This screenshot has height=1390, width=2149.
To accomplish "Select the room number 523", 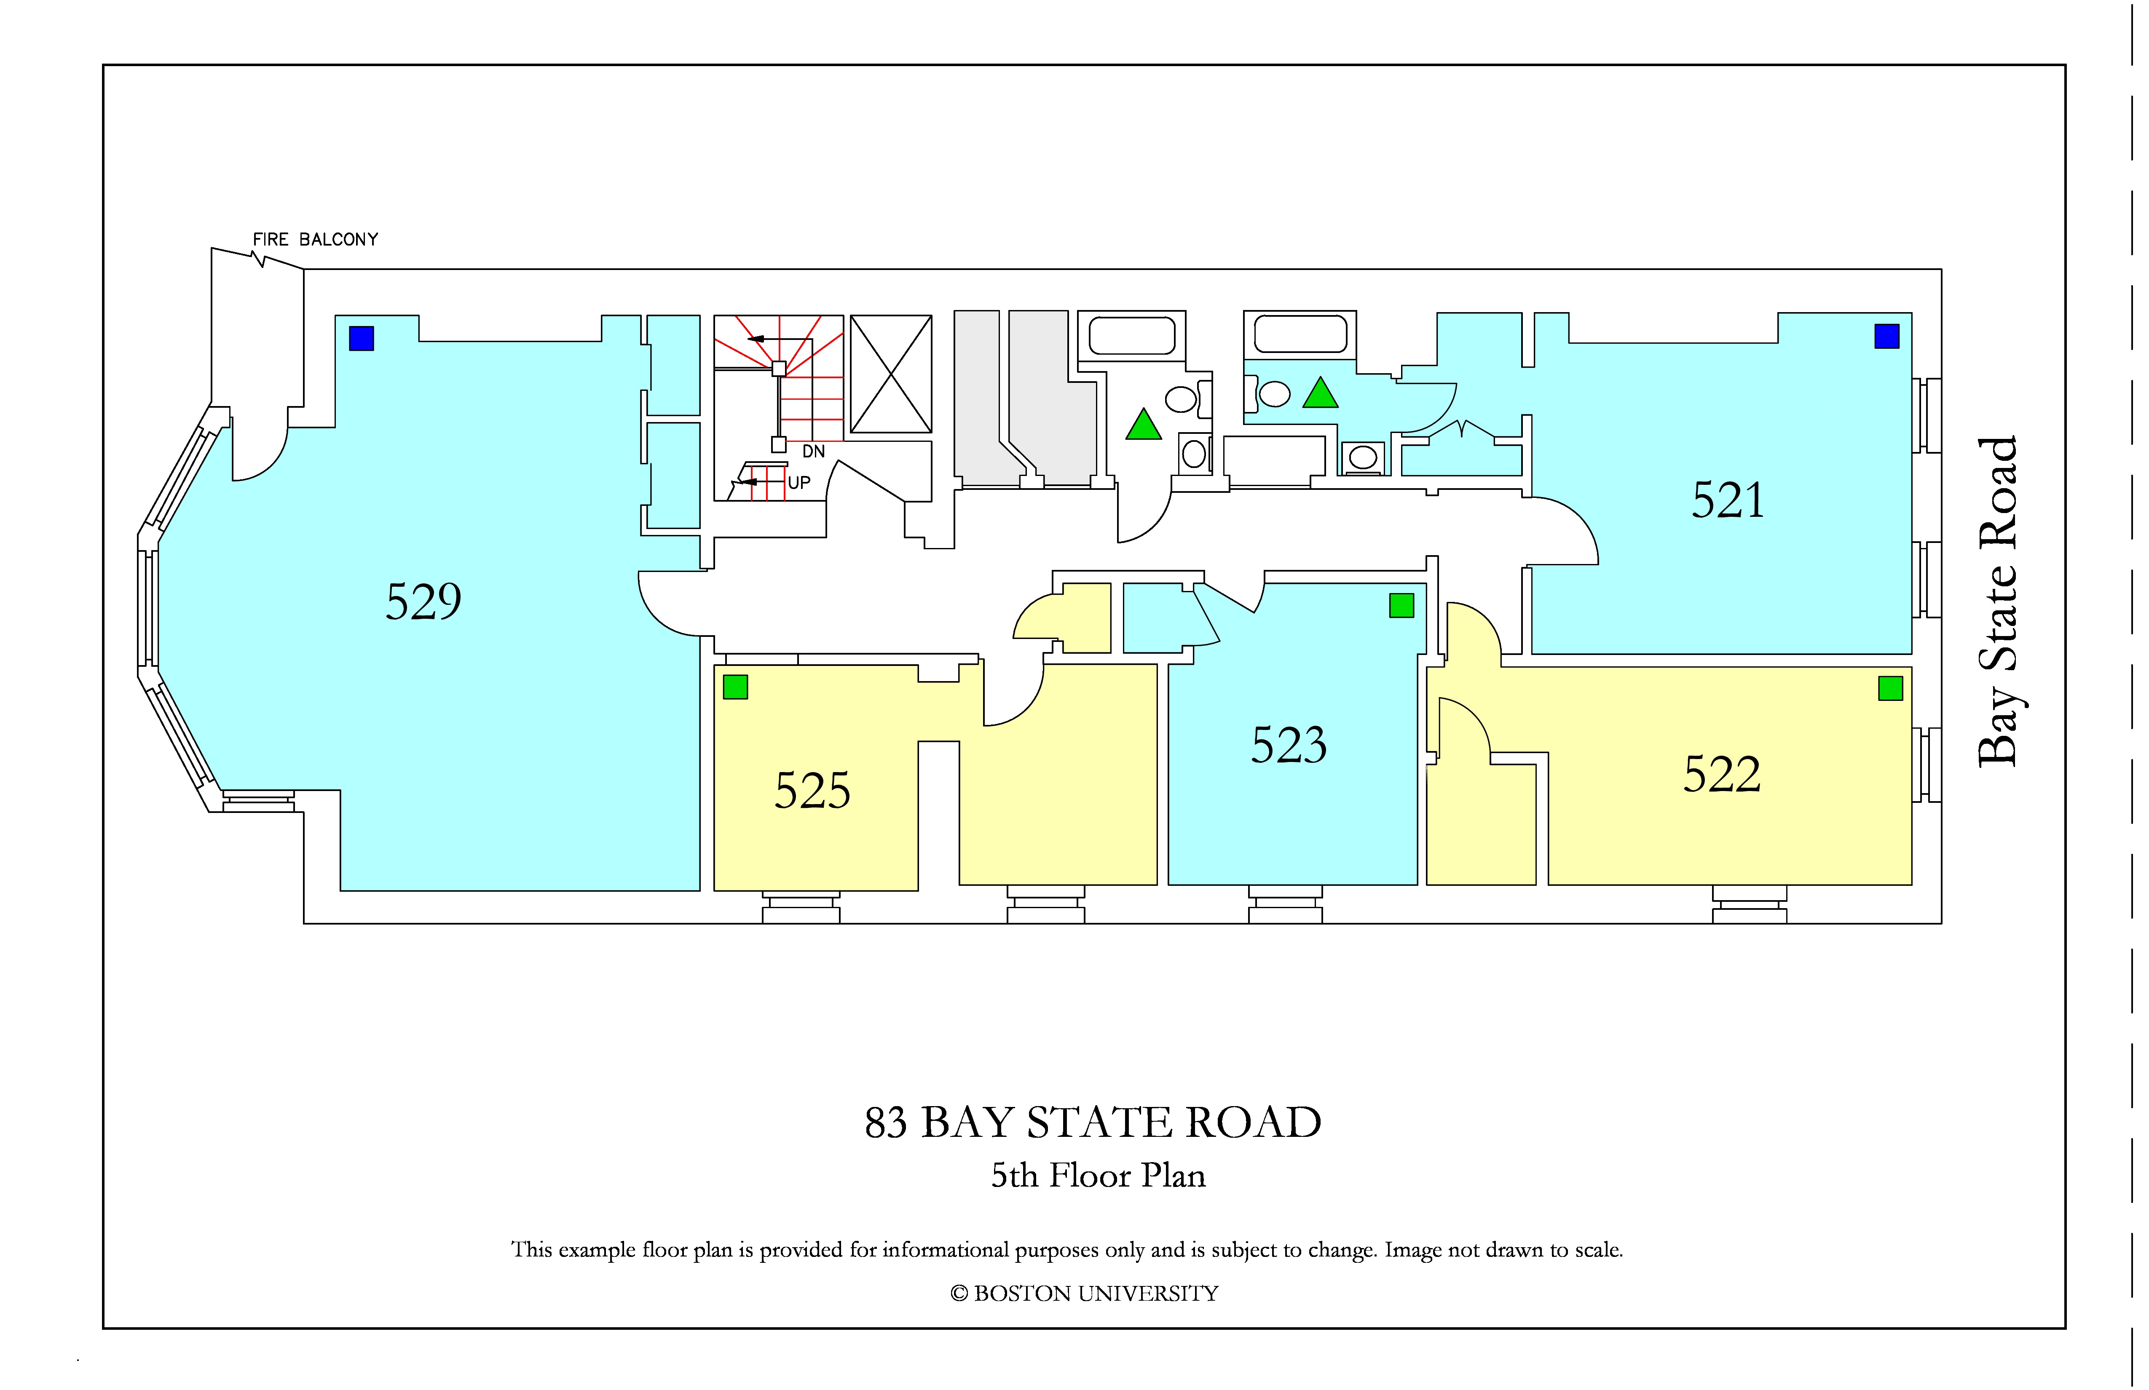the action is coord(1289,746).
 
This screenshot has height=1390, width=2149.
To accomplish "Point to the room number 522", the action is coord(1722,775).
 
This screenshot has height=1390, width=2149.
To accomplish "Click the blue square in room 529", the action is coord(361,339).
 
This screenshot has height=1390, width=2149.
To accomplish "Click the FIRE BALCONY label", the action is coord(315,239).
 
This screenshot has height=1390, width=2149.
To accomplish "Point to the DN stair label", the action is coord(814,451).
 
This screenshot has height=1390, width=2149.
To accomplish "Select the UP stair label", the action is coord(799,483).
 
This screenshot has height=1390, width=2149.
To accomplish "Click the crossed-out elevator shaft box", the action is coord(891,374).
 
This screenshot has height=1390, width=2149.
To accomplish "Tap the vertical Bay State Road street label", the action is coord(1996,602).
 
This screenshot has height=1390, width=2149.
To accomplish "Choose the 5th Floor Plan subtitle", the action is coord(1098,1175).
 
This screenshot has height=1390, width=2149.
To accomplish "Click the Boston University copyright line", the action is coord(1085,1294).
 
